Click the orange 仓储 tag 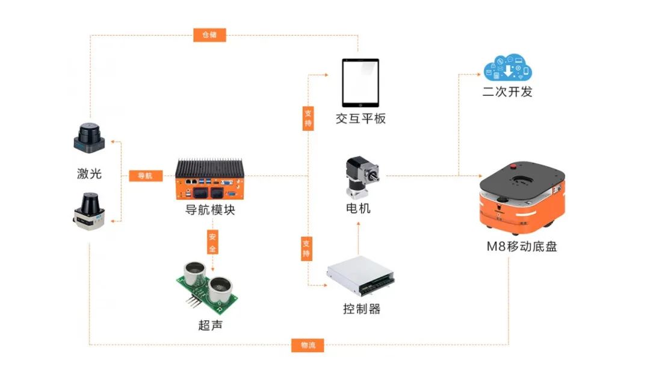click(x=209, y=35)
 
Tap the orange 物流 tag click(x=308, y=345)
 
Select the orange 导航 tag click(x=146, y=176)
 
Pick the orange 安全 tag click(x=212, y=241)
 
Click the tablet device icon click(x=361, y=82)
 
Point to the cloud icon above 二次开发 click(x=508, y=68)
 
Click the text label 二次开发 click(x=508, y=92)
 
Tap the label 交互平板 click(x=361, y=118)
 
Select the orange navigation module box click(x=210, y=179)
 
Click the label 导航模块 click(x=210, y=210)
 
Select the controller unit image click(x=361, y=277)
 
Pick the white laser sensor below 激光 click(x=90, y=210)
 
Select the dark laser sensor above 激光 click(x=90, y=137)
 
